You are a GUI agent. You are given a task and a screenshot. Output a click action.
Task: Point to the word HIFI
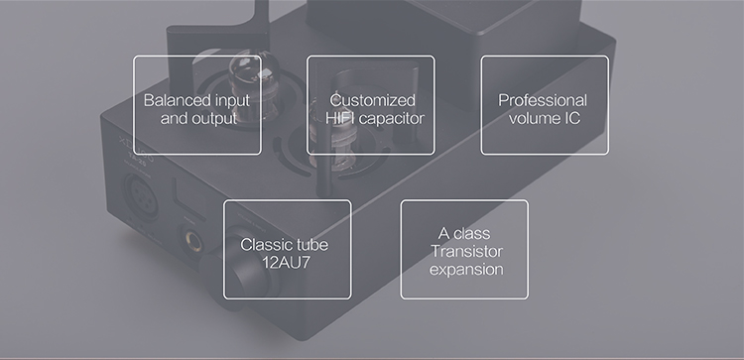(x=342, y=118)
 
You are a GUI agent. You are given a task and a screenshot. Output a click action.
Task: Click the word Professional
(x=543, y=100)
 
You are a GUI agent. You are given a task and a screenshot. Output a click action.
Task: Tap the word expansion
(x=464, y=270)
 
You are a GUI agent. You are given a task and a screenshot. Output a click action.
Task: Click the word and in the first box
(x=174, y=118)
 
